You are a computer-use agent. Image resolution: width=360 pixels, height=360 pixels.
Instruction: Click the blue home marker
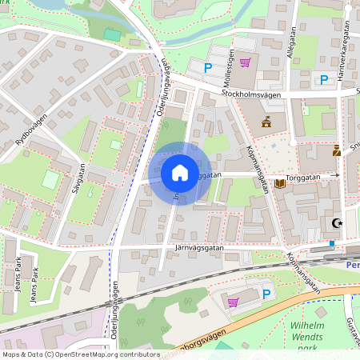click(179, 173)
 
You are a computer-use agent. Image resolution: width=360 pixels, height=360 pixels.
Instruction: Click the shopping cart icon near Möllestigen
click(245, 62)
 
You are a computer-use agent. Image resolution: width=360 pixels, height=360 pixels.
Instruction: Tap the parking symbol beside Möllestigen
click(209, 70)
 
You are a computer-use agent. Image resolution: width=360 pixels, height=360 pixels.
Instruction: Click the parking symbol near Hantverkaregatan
click(324, 79)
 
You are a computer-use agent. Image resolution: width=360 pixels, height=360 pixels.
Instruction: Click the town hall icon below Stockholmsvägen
click(266, 122)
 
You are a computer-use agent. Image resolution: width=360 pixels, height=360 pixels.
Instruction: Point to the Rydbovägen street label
click(30, 130)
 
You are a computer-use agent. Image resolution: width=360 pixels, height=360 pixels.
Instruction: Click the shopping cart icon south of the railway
click(233, 302)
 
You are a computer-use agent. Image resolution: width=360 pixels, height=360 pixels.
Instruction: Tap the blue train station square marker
click(331, 243)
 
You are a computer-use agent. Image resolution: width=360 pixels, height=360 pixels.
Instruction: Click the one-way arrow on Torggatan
click(337, 174)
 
